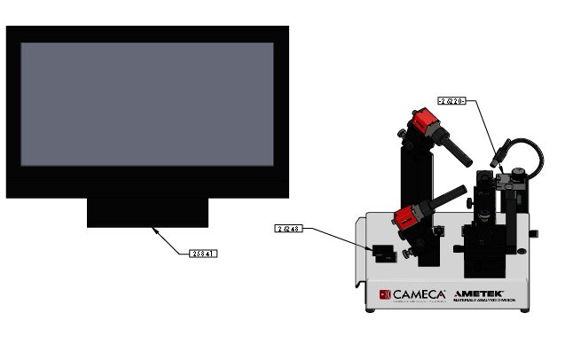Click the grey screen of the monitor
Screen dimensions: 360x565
[x=147, y=104]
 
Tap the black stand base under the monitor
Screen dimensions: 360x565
[x=147, y=212]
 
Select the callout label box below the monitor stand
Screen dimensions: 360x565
[x=203, y=254]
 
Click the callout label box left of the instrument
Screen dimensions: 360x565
[x=290, y=229]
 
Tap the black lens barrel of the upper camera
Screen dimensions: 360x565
[x=459, y=152]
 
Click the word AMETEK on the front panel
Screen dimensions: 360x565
[x=479, y=293]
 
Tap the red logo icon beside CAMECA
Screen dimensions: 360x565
[x=385, y=294]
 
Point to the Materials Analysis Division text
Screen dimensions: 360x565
[x=479, y=301]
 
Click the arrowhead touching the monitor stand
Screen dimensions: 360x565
[x=155, y=229]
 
